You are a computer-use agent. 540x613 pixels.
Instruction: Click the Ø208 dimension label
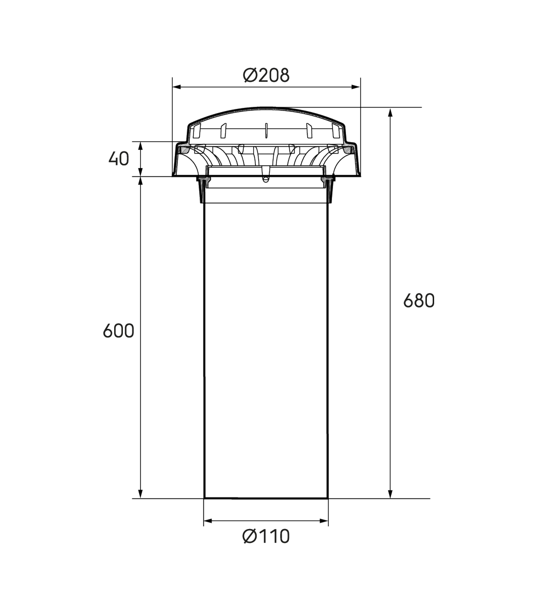pyautogui.click(x=266, y=75)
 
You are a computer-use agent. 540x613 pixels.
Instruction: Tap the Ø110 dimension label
pyautogui.click(x=266, y=537)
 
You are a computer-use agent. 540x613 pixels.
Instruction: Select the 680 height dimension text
pyautogui.click(x=419, y=301)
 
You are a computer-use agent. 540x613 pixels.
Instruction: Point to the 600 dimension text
pyautogui.click(x=118, y=331)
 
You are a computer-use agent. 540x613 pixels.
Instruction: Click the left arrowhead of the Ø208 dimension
pyautogui.click(x=177, y=87)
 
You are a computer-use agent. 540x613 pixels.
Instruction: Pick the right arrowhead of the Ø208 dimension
pyautogui.click(x=356, y=87)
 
